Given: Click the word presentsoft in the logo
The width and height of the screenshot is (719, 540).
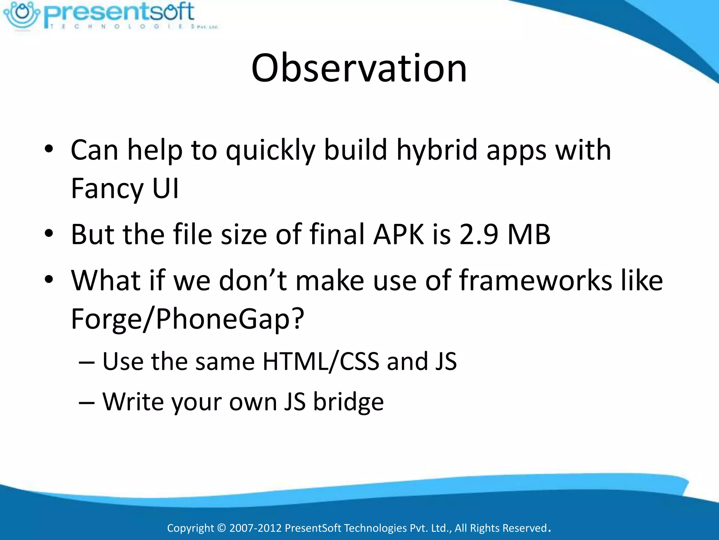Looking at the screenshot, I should pos(119,12).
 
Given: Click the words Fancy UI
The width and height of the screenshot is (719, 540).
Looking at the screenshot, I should pos(125,189).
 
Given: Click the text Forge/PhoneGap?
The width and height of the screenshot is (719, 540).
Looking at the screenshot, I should pos(187,319).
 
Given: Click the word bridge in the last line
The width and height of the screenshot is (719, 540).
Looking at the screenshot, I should pos(348,401).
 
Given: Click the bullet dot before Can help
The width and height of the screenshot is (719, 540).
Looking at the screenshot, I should pos(49,149).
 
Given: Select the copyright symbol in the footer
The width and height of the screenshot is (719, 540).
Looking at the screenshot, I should pos(221,528).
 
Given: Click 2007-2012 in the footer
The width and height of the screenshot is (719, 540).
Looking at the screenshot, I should pos(255,528).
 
